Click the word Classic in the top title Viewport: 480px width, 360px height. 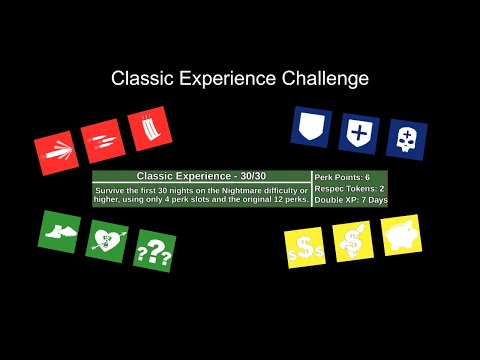[138, 78]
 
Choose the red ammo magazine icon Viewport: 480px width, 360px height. [149, 130]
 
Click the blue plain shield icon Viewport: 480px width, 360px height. [311, 127]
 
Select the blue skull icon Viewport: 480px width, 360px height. [406, 141]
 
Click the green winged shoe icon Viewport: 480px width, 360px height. [60, 231]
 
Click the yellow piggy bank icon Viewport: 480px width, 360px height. [400, 234]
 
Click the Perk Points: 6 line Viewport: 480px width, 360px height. [343, 176]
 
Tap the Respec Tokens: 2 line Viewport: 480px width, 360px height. [349, 188]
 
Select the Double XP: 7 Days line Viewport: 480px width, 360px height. [351, 200]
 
